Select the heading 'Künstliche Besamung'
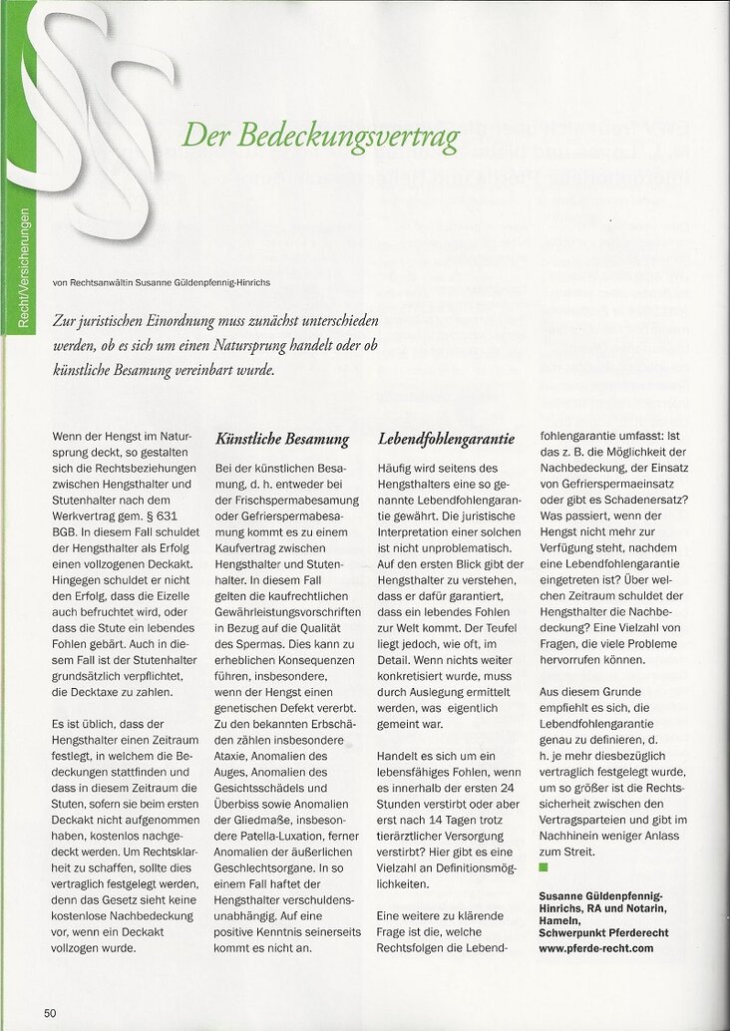click(282, 438)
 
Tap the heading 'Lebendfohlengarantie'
click(446, 438)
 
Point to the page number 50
click(49, 1012)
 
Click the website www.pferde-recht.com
click(596, 948)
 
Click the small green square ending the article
click(544, 868)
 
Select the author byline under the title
click(162, 282)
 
